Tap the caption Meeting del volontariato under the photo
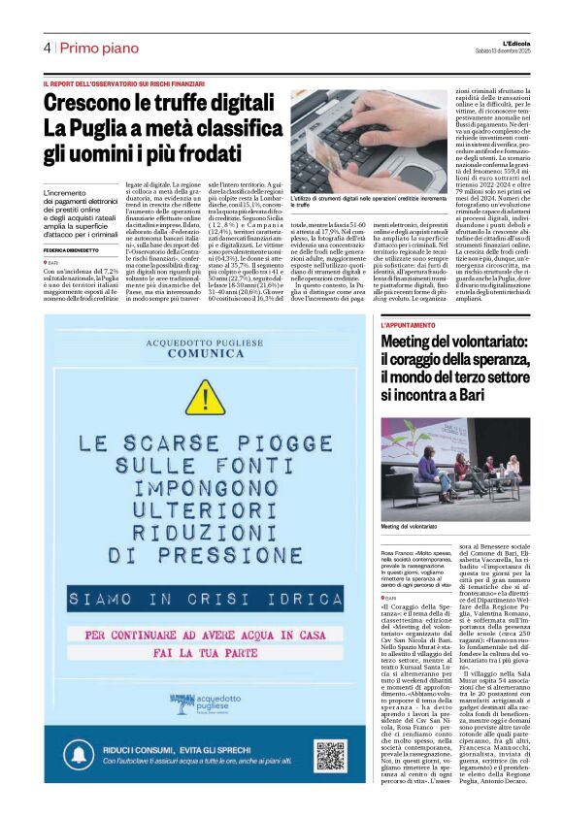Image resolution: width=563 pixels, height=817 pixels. click(x=410, y=526)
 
